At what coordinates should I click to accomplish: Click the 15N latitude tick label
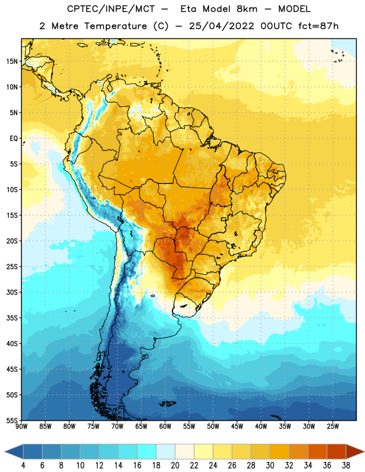12,61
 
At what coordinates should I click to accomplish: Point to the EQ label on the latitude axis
14,139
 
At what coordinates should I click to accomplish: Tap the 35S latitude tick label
12,318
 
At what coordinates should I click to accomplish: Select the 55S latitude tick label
12,421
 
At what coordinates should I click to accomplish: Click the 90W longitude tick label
21,427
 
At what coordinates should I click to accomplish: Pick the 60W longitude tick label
165,427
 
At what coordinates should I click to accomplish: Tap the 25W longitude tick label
333,427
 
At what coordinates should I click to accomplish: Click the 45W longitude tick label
237,427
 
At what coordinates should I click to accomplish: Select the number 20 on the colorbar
175,466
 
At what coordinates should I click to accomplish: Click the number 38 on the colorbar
346,466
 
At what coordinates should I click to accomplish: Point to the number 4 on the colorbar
23,466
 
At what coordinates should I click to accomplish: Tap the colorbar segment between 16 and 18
147,451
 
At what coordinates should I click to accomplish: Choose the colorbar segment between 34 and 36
318,451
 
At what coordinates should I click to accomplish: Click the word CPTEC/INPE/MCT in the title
111,9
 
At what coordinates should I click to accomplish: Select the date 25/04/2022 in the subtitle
221,26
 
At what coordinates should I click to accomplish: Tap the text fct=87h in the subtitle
318,26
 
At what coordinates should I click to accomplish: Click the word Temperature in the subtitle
115,26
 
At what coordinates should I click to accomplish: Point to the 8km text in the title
247,9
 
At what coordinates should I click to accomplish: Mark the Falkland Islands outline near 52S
168,404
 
